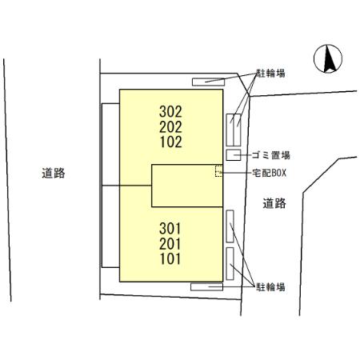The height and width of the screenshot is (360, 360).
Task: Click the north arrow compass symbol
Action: [x=328, y=58]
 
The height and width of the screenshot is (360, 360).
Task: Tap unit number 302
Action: [x=170, y=112]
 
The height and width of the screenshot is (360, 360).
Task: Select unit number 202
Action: [x=170, y=127]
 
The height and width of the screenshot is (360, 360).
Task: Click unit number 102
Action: [x=171, y=142]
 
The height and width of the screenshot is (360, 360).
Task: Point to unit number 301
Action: [x=170, y=229]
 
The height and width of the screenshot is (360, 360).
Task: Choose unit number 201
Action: [x=170, y=244]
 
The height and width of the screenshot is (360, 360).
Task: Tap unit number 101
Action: [x=170, y=258]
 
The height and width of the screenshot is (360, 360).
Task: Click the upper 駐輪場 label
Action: [x=270, y=73]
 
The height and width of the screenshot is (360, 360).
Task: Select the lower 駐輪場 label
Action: [x=270, y=287]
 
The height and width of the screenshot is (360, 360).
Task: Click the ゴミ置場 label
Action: [x=271, y=155]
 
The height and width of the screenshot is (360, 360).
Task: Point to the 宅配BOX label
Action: [x=270, y=173]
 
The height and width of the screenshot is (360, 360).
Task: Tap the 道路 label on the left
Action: [x=54, y=173]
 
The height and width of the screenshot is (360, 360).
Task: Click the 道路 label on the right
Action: [x=274, y=203]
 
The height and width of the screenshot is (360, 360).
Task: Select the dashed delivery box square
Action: [x=218, y=171]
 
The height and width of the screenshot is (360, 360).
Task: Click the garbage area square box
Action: [x=234, y=155]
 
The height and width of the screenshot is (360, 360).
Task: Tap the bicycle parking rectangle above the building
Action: [x=208, y=82]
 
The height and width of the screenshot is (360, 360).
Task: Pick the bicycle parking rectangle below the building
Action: [x=206, y=287]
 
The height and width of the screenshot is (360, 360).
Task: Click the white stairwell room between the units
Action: [x=187, y=186]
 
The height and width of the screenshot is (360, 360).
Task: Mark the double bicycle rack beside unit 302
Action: [x=234, y=130]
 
